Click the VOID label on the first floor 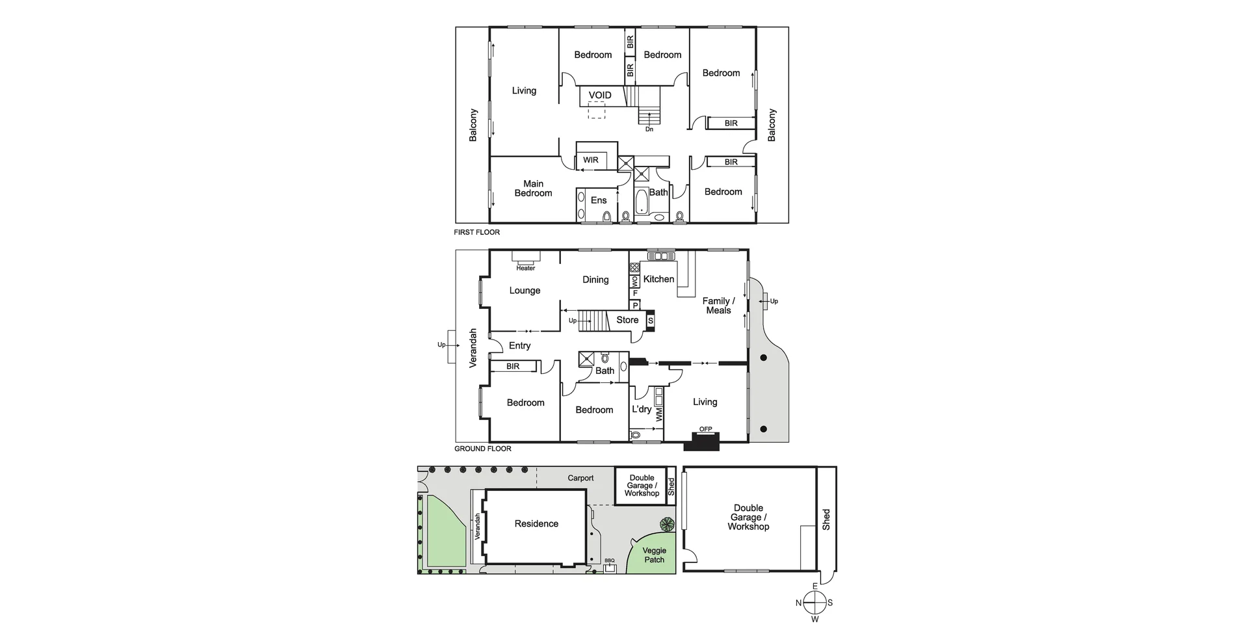click(x=600, y=96)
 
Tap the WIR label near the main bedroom click(x=591, y=160)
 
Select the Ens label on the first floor click(x=599, y=200)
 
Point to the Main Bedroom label click(x=533, y=189)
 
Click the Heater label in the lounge click(x=526, y=268)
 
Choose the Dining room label click(x=595, y=280)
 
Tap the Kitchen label click(x=658, y=279)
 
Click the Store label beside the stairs click(x=627, y=320)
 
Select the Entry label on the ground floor click(x=519, y=346)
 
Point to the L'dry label click(x=642, y=409)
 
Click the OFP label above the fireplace click(x=705, y=429)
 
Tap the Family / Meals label click(x=718, y=306)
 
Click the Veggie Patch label click(x=654, y=555)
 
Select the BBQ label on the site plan click(x=609, y=560)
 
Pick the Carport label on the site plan click(x=580, y=478)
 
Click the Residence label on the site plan click(x=536, y=523)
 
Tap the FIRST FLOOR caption click(x=477, y=232)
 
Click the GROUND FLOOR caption click(x=483, y=449)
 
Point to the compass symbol click(x=814, y=603)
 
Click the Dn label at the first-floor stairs click(x=649, y=129)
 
